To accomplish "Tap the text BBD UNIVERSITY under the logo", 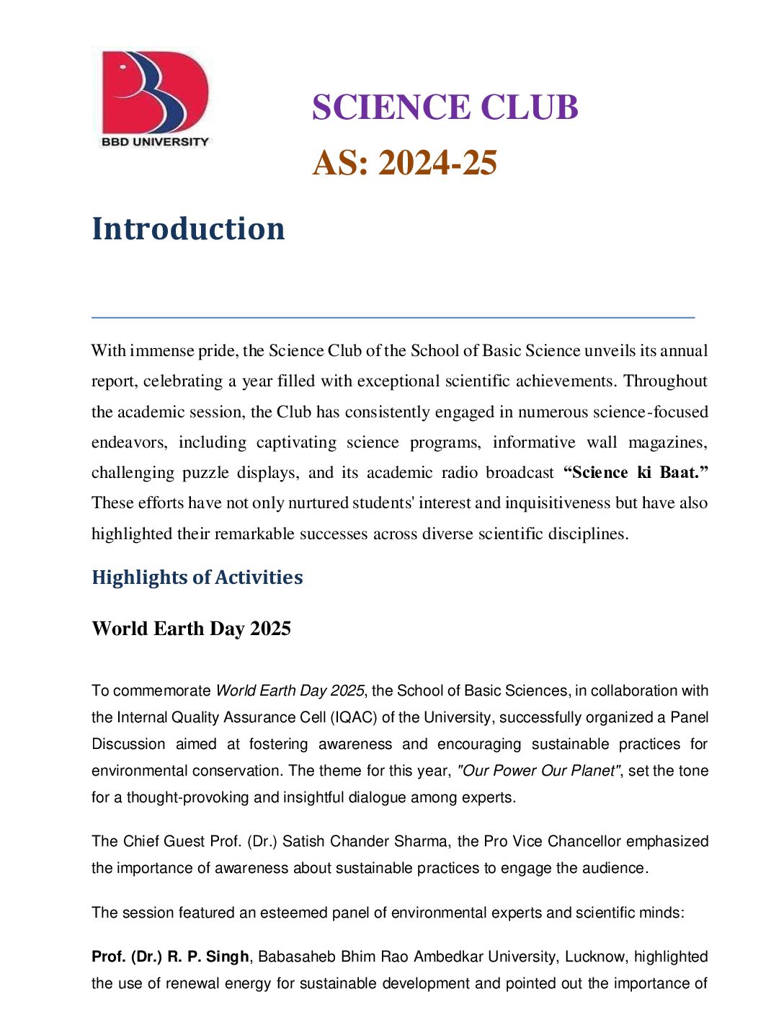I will pos(155,142).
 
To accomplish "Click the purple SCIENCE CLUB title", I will pos(445,107).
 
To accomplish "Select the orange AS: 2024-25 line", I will pos(404,163).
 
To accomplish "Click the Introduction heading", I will pos(188,229).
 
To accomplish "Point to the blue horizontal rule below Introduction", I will pos(393,316).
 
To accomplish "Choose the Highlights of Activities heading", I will pos(197,577).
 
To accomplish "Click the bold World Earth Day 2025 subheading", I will pos(191,629).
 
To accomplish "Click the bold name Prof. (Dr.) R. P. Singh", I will pos(170,957).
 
